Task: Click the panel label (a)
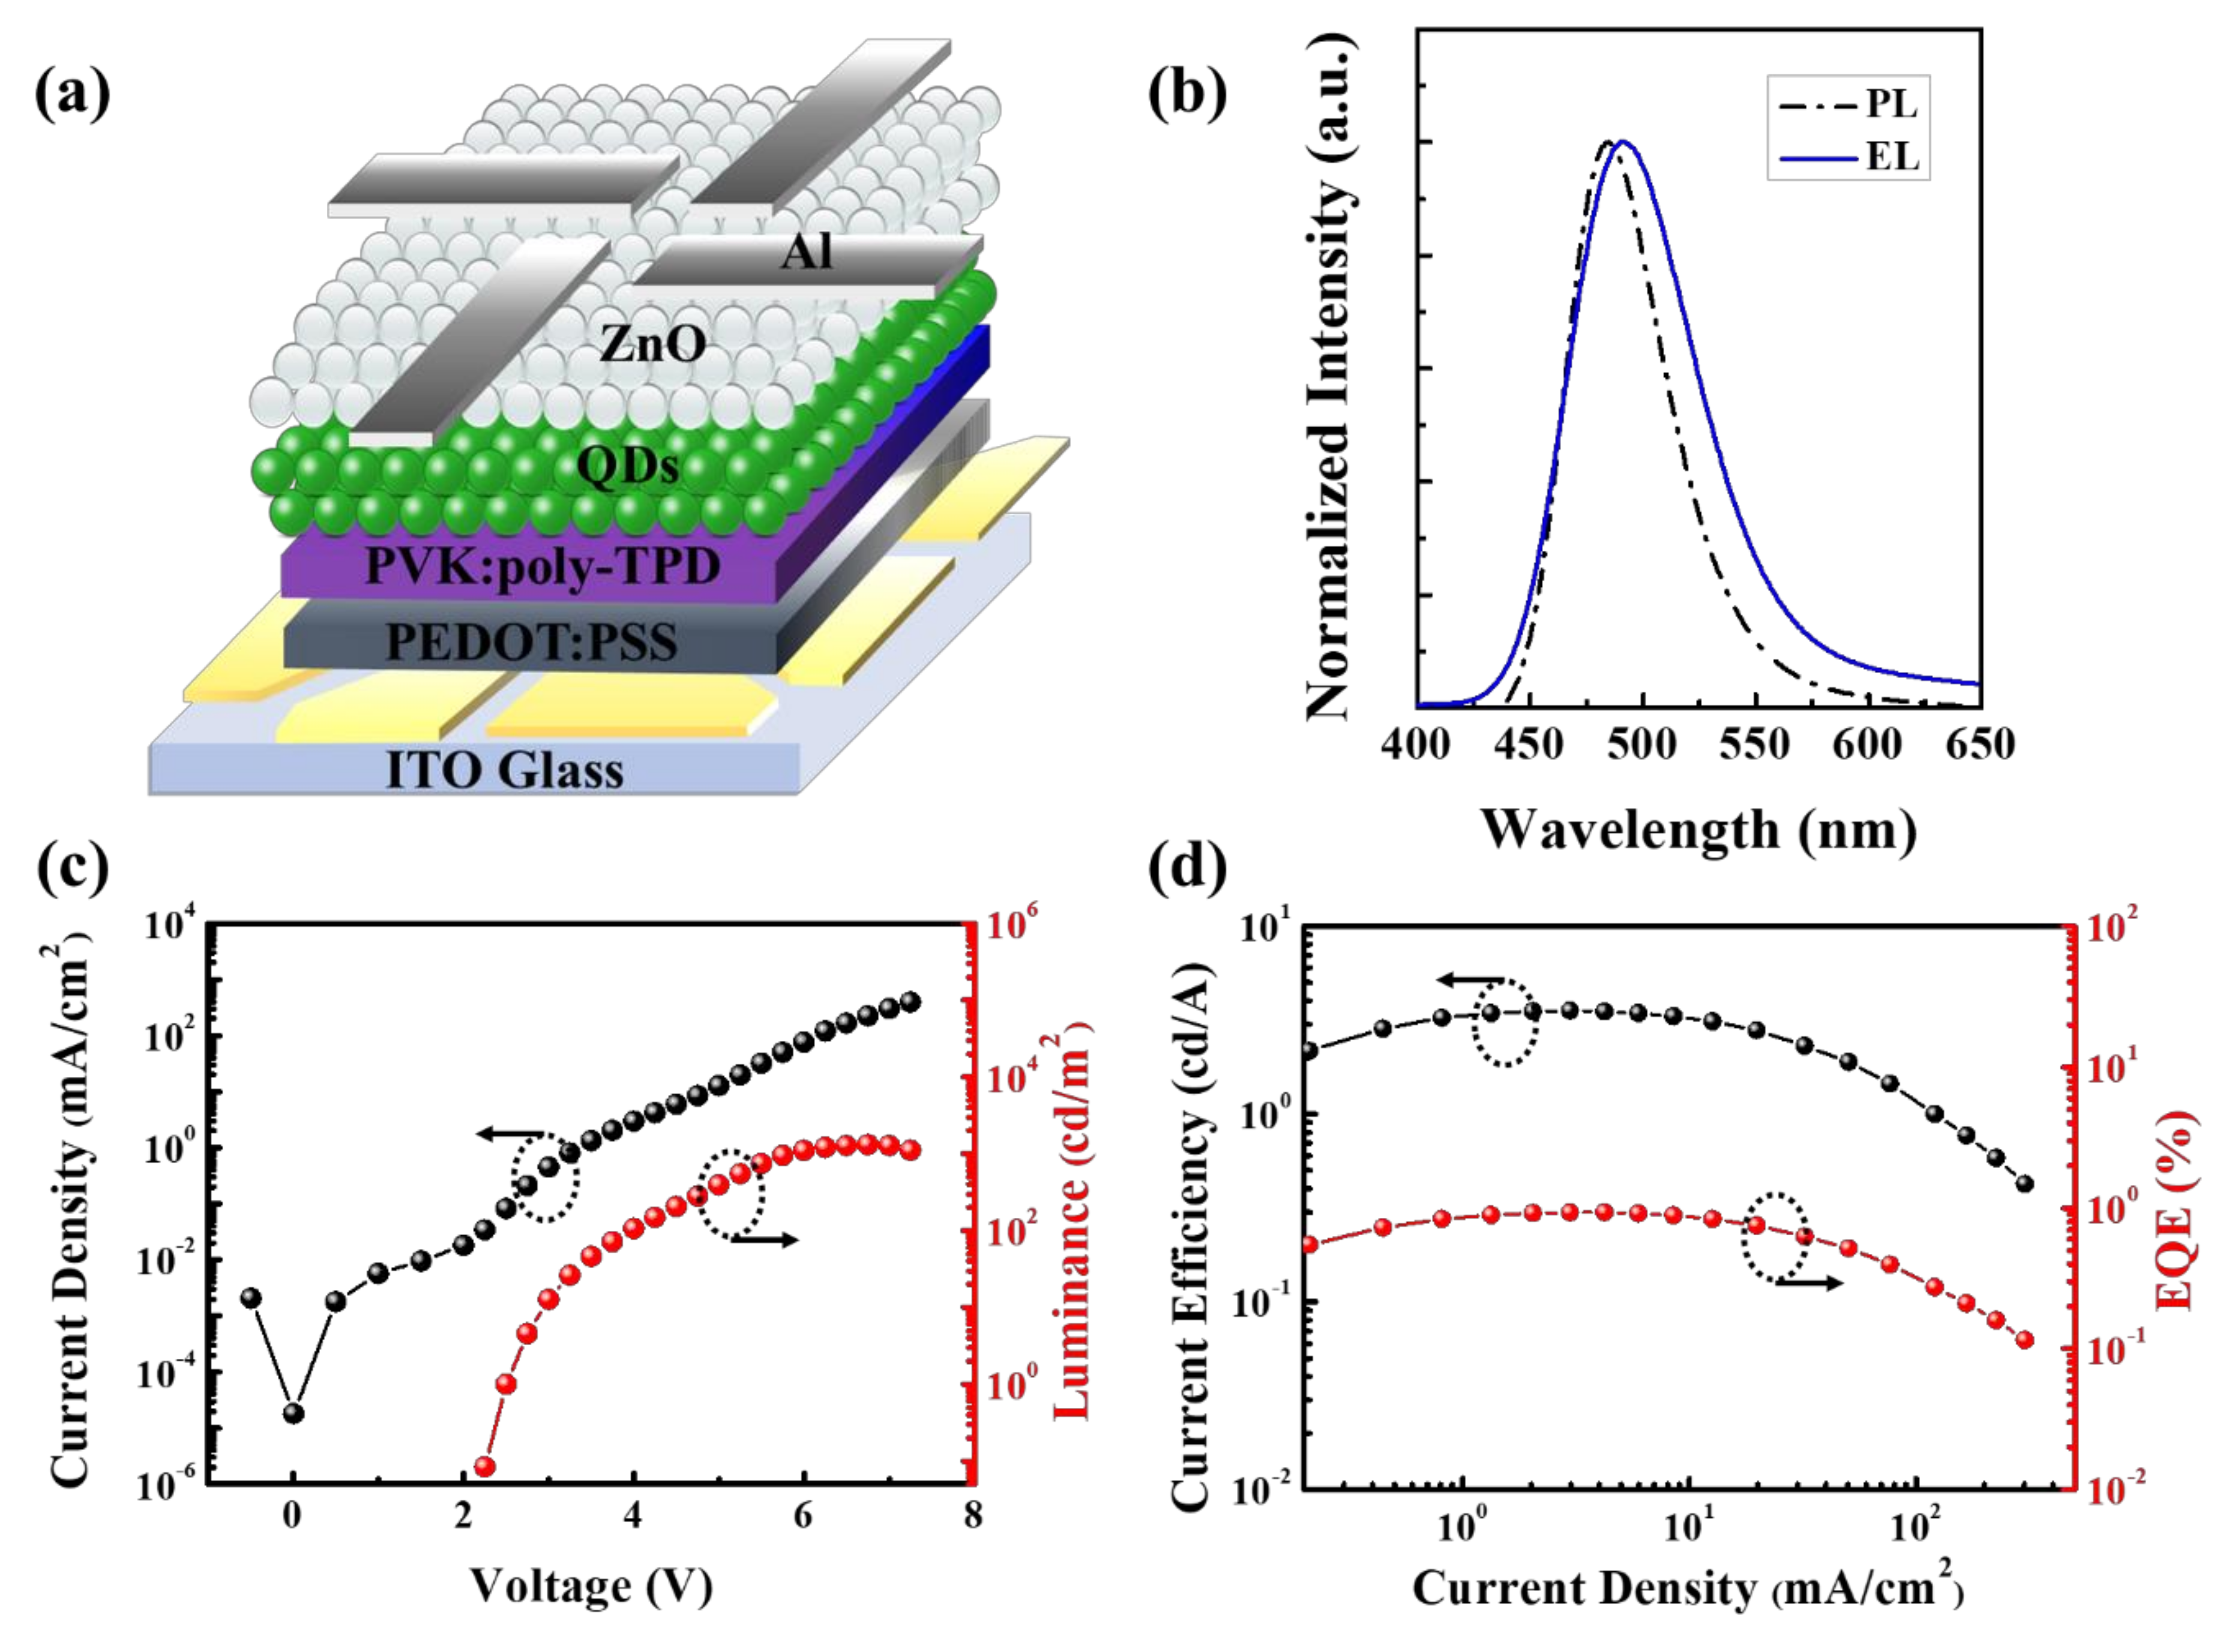coord(73,94)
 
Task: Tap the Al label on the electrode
coord(806,254)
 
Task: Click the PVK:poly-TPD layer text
coord(543,568)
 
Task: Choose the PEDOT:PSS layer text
coord(531,642)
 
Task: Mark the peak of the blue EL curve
coord(1623,142)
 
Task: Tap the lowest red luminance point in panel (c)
coord(486,1466)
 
